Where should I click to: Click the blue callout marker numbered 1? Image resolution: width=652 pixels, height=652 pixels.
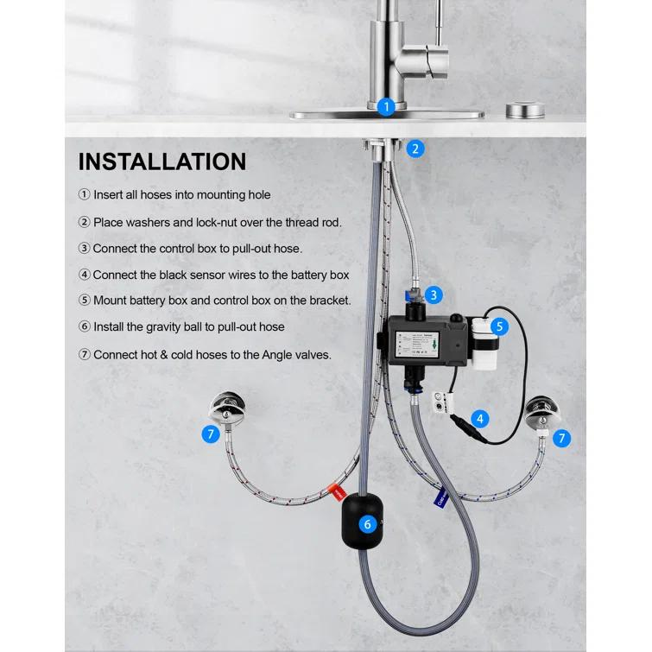pos(386,107)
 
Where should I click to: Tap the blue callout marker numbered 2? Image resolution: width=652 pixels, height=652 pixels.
pos(415,149)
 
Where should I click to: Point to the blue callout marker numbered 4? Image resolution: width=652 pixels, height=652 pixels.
pos(480,420)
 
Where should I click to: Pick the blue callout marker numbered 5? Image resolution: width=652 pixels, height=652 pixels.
pos(499,327)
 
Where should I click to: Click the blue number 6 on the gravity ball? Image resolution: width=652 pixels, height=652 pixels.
pos(367,523)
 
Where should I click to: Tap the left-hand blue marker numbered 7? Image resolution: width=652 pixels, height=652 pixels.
pos(211,434)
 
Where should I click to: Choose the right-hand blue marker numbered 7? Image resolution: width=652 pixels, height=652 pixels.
pos(562,438)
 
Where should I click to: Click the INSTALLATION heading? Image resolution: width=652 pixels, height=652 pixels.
pos(162,161)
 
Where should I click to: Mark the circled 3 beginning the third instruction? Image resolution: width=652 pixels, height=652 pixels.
pos(84,248)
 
